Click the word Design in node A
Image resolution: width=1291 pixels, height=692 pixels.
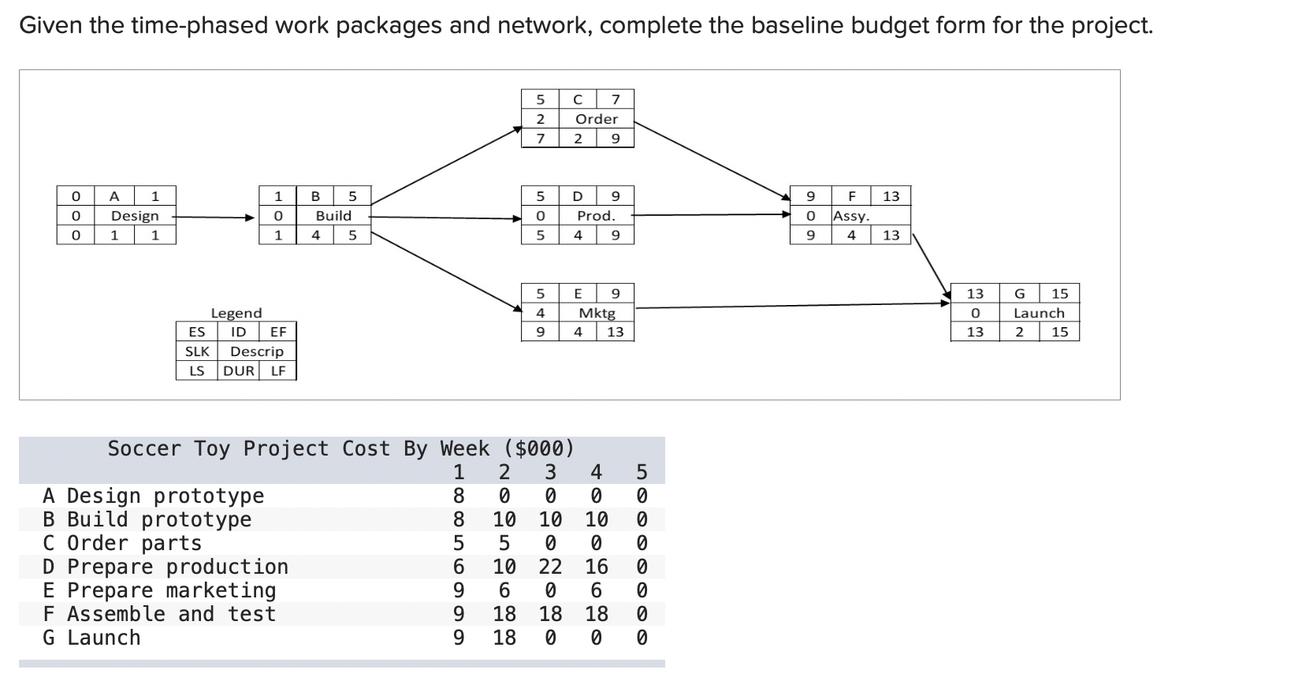(x=135, y=216)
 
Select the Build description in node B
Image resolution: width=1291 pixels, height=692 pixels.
(x=333, y=216)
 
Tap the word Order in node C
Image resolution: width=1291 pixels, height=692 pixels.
(x=597, y=119)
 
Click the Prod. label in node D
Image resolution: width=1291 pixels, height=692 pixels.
(x=596, y=216)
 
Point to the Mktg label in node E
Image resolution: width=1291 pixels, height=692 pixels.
(x=597, y=313)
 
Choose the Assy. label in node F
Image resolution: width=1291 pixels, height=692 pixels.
(x=851, y=216)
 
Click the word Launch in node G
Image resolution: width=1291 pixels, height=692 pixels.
(x=1039, y=313)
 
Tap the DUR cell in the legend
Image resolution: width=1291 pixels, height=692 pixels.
(x=239, y=370)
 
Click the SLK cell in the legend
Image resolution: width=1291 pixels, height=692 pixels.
(x=197, y=352)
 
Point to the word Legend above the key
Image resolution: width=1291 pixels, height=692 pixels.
(x=236, y=313)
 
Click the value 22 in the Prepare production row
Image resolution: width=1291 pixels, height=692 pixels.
(x=550, y=567)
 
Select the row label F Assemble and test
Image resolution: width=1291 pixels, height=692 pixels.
(x=159, y=614)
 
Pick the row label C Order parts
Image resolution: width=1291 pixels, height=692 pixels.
(x=122, y=543)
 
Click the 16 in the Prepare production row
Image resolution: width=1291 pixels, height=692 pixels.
(x=597, y=567)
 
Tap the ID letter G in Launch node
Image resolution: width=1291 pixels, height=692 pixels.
(x=1019, y=294)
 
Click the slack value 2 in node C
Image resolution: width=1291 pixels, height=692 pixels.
(x=541, y=119)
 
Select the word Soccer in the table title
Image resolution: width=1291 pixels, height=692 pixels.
(x=146, y=448)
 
